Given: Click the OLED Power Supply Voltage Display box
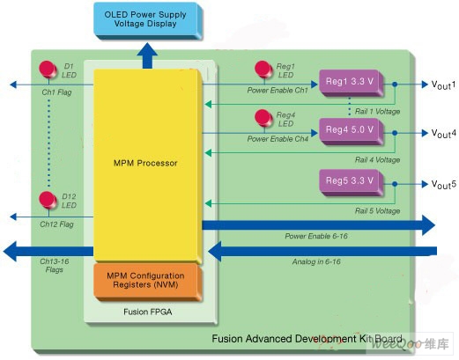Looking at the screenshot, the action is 148,20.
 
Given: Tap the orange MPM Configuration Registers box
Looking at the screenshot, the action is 148,282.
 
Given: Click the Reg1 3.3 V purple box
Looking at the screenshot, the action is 352,83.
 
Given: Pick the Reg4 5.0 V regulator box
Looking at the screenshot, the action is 352,131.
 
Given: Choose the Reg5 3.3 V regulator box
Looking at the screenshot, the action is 352,182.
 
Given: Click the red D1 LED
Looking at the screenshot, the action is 48,70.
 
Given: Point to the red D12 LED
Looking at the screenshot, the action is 48,200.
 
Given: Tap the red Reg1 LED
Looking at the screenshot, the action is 263,70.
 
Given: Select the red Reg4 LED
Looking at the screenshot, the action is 263,118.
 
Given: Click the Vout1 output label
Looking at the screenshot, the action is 443,84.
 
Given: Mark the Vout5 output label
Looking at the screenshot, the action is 443,185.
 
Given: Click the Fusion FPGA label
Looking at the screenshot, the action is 148,312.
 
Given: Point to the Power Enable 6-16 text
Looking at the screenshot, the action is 316,236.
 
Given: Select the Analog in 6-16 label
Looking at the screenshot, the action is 316,261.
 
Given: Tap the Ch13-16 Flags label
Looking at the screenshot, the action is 55,265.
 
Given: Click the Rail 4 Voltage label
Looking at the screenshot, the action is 377,160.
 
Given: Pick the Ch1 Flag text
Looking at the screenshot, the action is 56,92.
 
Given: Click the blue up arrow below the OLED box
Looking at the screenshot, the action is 147,55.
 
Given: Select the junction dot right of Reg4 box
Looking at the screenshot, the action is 395,133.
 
